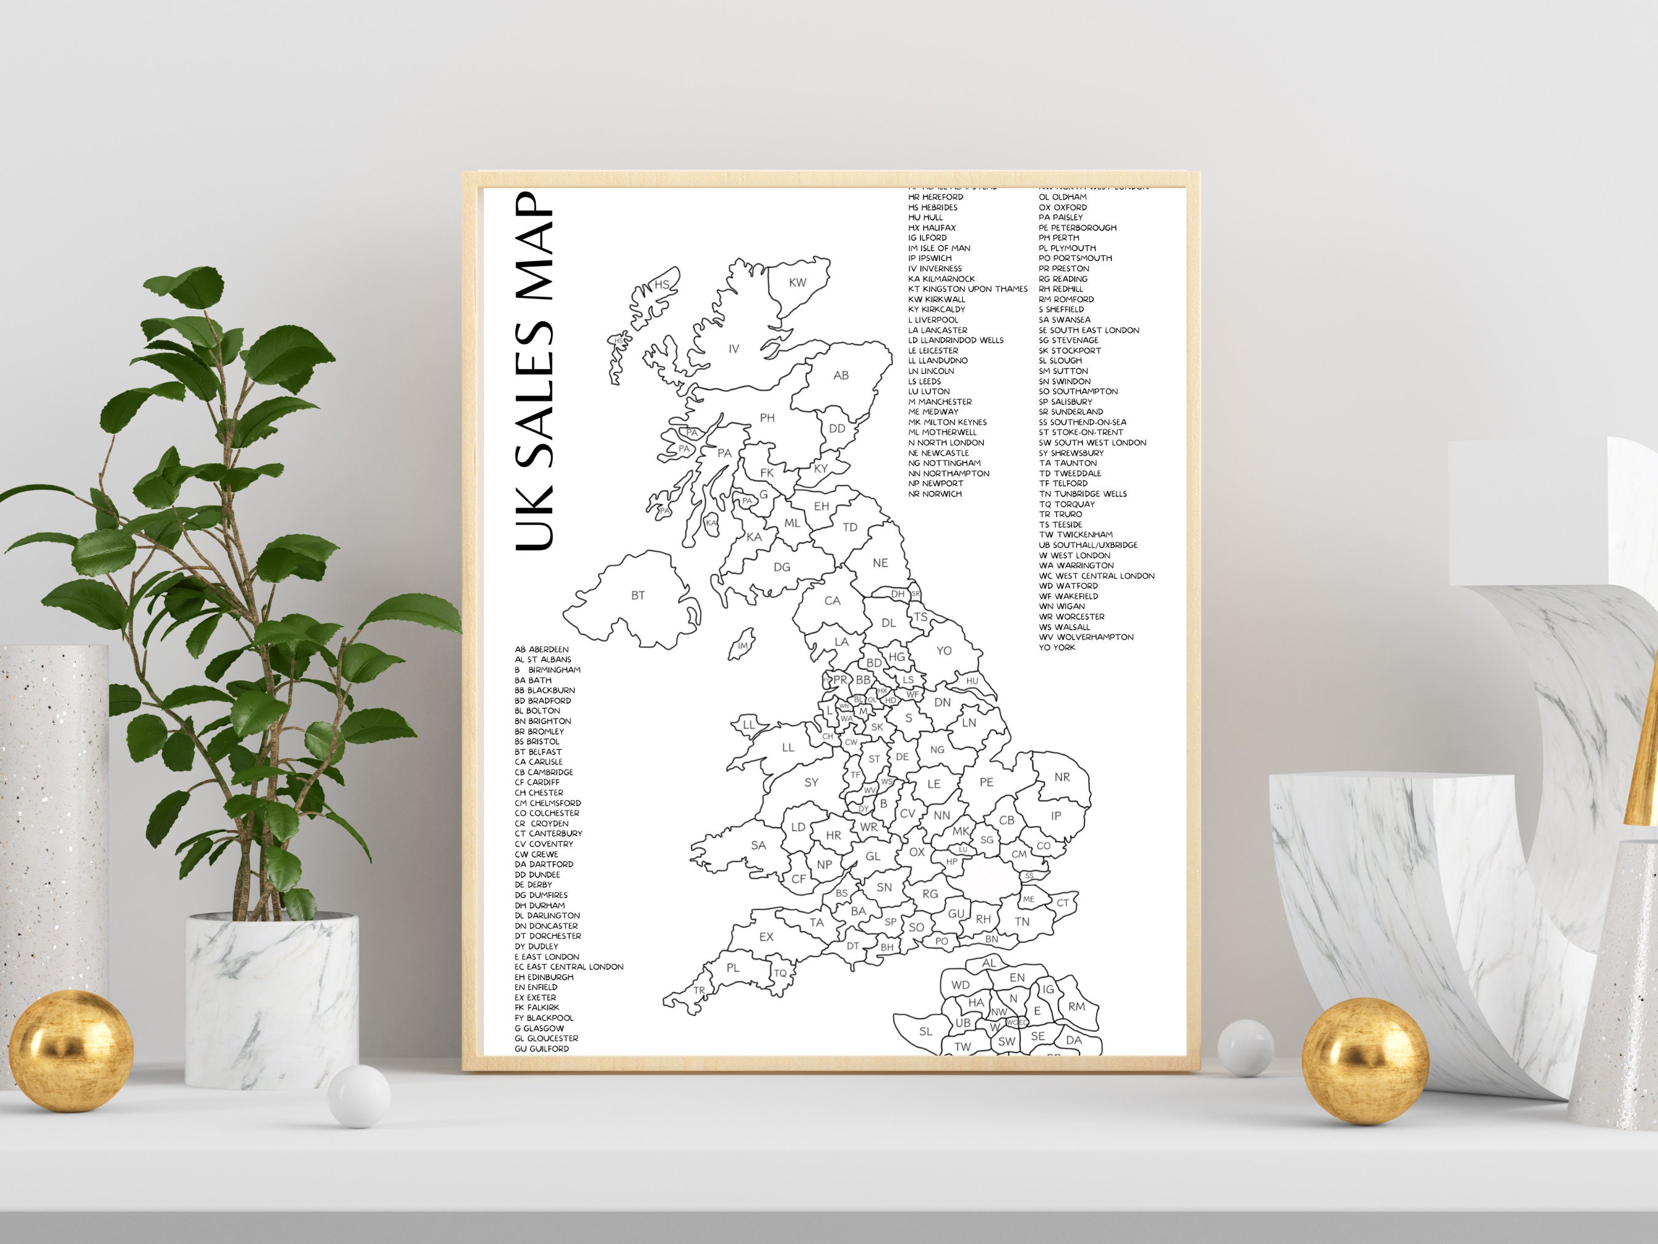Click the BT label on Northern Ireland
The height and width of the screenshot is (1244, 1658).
coord(638,595)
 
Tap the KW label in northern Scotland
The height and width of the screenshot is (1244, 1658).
coord(798,283)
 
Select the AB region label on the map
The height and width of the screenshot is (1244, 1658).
coord(841,375)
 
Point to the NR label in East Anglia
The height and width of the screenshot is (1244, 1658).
coord(1062,777)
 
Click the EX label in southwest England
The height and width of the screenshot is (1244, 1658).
coord(766,937)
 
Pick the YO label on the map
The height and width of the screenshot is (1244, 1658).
coord(944,650)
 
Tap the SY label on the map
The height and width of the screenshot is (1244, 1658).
coord(811,782)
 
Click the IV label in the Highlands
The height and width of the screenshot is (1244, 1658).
coord(734,349)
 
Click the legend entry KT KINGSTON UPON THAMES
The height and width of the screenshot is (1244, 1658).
coord(968,289)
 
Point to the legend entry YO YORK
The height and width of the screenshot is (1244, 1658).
coord(1057,647)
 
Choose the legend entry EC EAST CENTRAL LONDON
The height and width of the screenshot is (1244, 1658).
coord(569,966)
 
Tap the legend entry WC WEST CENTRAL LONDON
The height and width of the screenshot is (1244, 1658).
coord(1097,576)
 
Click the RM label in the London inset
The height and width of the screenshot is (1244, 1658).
coord(1077,1006)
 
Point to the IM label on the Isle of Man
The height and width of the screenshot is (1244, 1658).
coord(743,646)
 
